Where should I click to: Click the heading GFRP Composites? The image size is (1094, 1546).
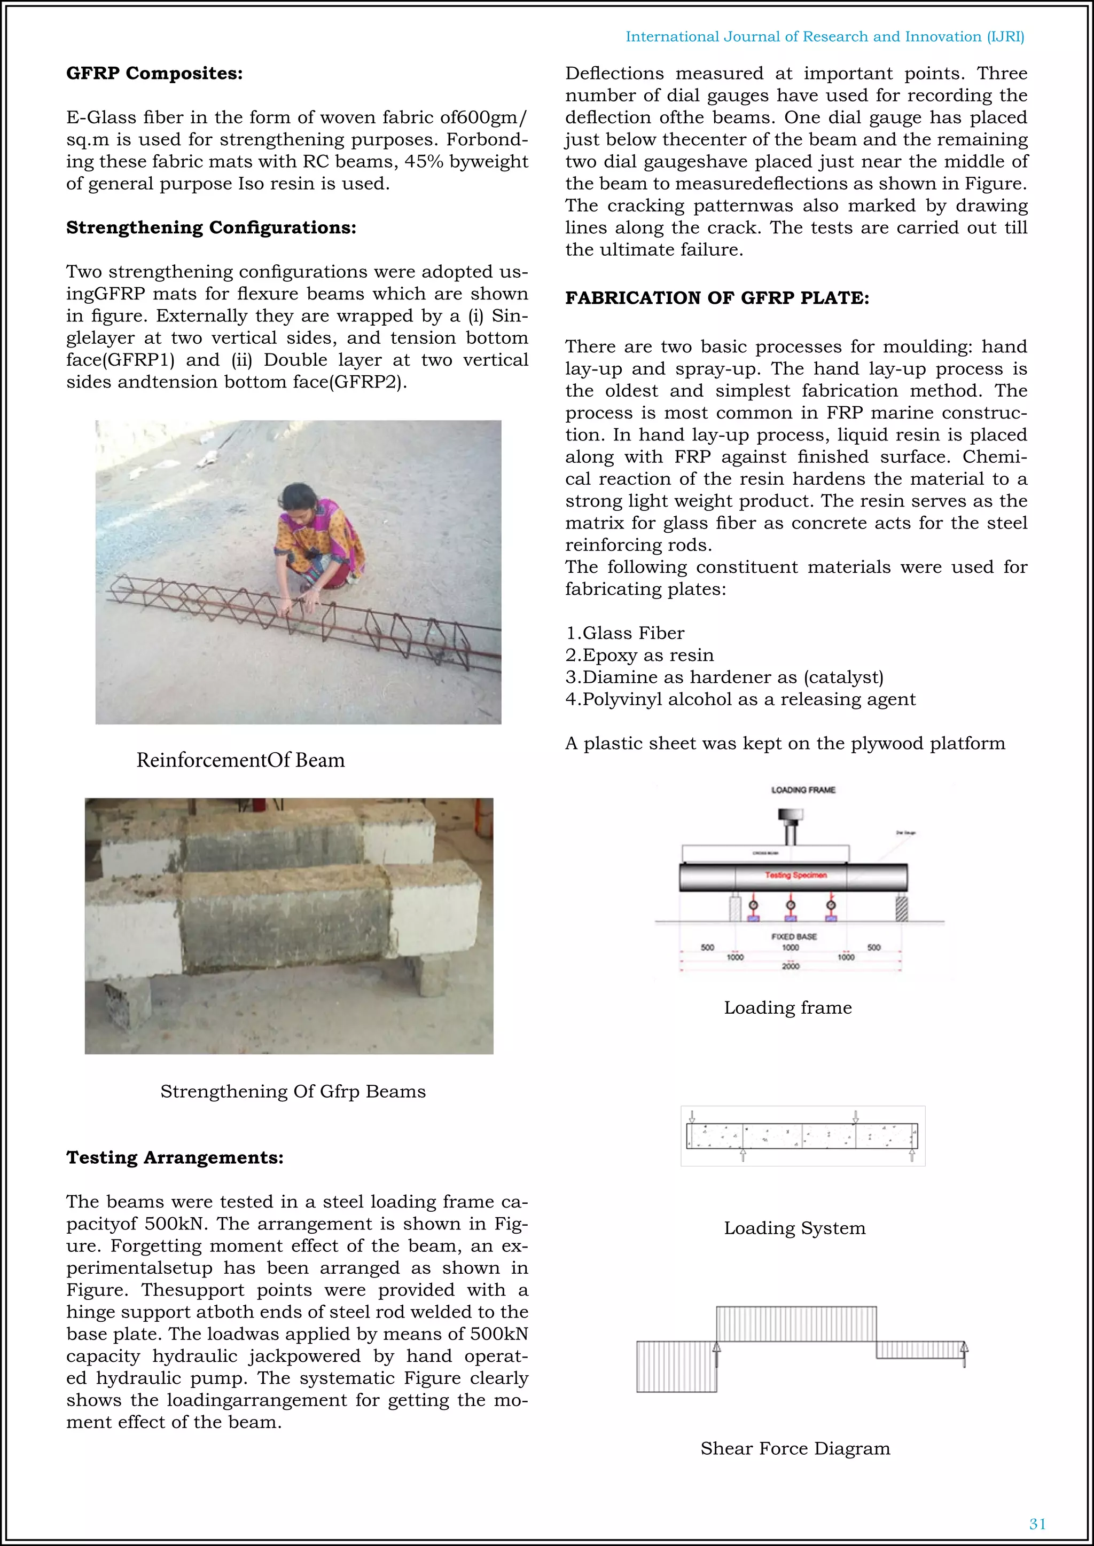click(x=154, y=73)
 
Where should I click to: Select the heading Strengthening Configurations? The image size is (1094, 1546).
click(x=211, y=227)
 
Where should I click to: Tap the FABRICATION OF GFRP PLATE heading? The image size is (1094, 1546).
click(x=717, y=298)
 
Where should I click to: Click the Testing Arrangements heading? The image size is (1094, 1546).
click(x=175, y=1157)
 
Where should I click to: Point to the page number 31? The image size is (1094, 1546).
click(x=1037, y=1524)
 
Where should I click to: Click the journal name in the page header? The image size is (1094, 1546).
click(x=825, y=36)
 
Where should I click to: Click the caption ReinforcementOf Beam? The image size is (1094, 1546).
click(x=240, y=760)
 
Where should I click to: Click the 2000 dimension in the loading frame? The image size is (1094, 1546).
click(x=790, y=966)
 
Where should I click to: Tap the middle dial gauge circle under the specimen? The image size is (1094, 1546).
click(x=791, y=905)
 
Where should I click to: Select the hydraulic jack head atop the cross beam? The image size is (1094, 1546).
click(x=790, y=816)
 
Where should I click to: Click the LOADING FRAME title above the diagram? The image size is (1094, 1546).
click(x=802, y=790)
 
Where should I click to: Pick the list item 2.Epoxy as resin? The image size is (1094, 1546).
click(x=639, y=654)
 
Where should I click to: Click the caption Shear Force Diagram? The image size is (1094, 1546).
click(x=795, y=1448)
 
